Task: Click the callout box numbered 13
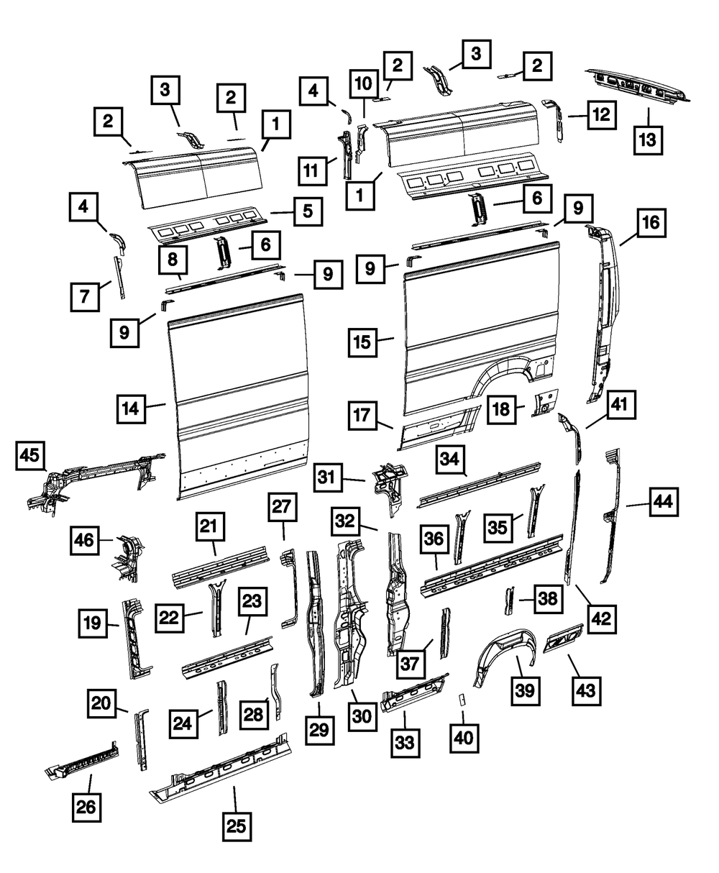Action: tap(648, 140)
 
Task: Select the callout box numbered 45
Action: tap(30, 455)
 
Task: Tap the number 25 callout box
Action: tap(237, 826)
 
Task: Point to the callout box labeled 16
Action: tap(651, 223)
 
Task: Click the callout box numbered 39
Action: tap(526, 691)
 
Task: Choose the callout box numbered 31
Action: tap(327, 477)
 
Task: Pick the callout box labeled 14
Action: tap(132, 408)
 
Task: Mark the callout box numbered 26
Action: tap(86, 807)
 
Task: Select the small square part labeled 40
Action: tap(462, 699)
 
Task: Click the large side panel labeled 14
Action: tap(240, 397)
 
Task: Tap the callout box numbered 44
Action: tap(664, 502)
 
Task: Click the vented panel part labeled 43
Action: tap(563, 638)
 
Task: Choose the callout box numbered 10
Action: tap(364, 84)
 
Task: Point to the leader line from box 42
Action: tap(585, 595)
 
